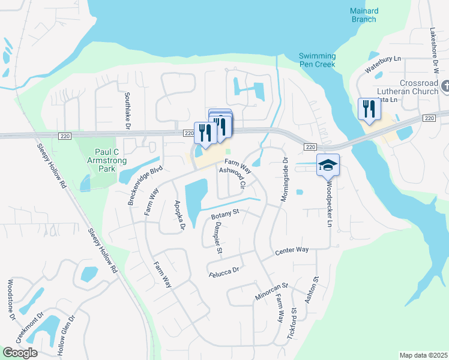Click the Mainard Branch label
coord(364,15)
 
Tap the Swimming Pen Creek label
coord(318,61)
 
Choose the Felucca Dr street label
coord(223,271)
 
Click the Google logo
coord(20,353)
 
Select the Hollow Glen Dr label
coord(66,338)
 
